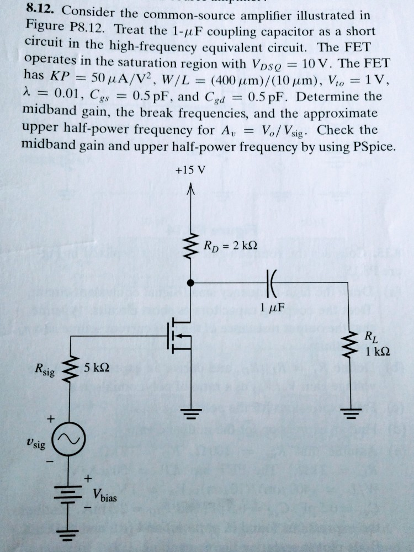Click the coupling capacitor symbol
click(271, 283)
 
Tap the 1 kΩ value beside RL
click(377, 352)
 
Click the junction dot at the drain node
click(191, 283)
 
